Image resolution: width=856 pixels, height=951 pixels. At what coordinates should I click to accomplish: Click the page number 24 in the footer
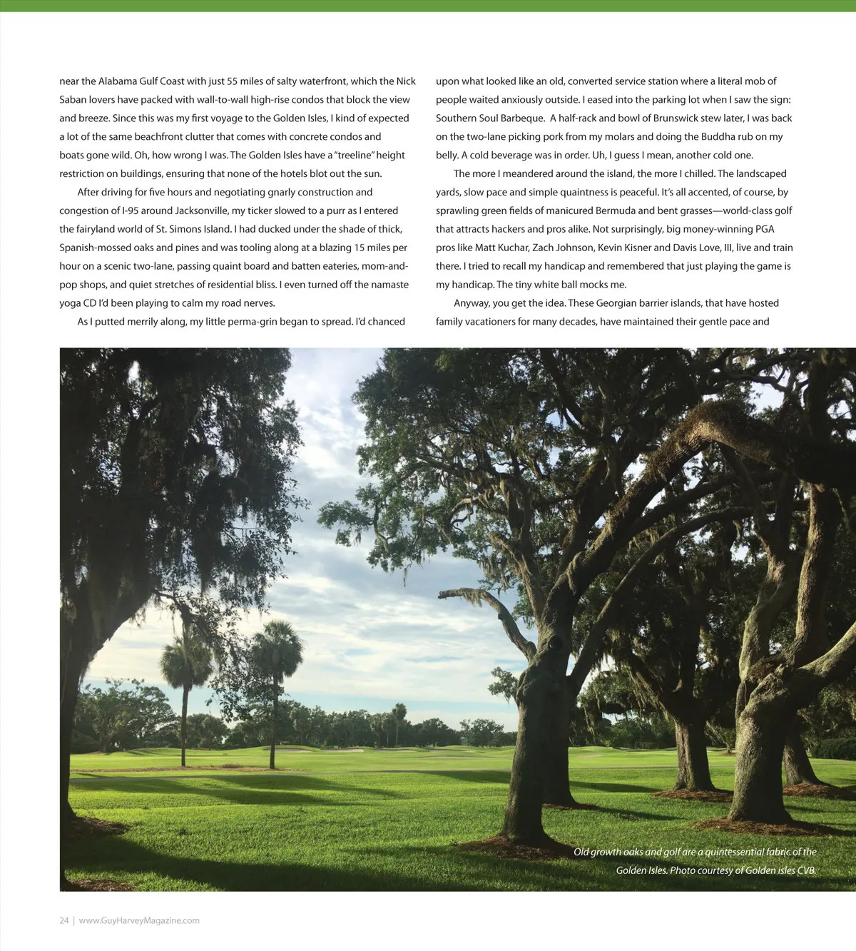[x=64, y=920]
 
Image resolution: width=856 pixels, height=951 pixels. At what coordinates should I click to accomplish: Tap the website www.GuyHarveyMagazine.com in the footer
[x=139, y=920]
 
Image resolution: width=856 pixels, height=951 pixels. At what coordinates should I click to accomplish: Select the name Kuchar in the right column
[x=513, y=248]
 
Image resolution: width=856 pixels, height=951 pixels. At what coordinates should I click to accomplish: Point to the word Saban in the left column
[x=72, y=100]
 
